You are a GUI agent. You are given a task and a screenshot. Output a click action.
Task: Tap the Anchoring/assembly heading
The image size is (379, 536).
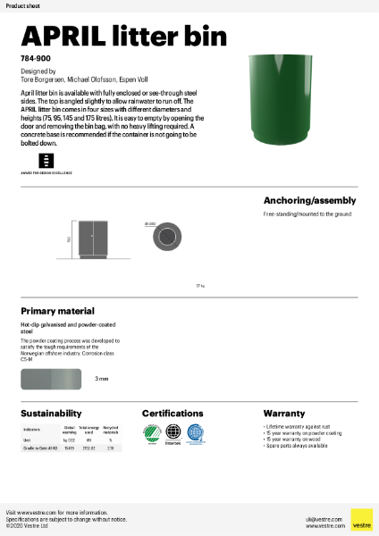(x=309, y=200)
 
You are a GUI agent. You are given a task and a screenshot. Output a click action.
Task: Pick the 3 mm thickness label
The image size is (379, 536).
(x=101, y=379)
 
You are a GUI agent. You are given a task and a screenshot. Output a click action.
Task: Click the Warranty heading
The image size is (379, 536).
(x=284, y=414)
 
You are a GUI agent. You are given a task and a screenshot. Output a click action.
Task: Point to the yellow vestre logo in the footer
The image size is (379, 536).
(x=361, y=519)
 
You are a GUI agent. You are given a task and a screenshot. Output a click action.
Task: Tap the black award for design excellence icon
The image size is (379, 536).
(x=46, y=160)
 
